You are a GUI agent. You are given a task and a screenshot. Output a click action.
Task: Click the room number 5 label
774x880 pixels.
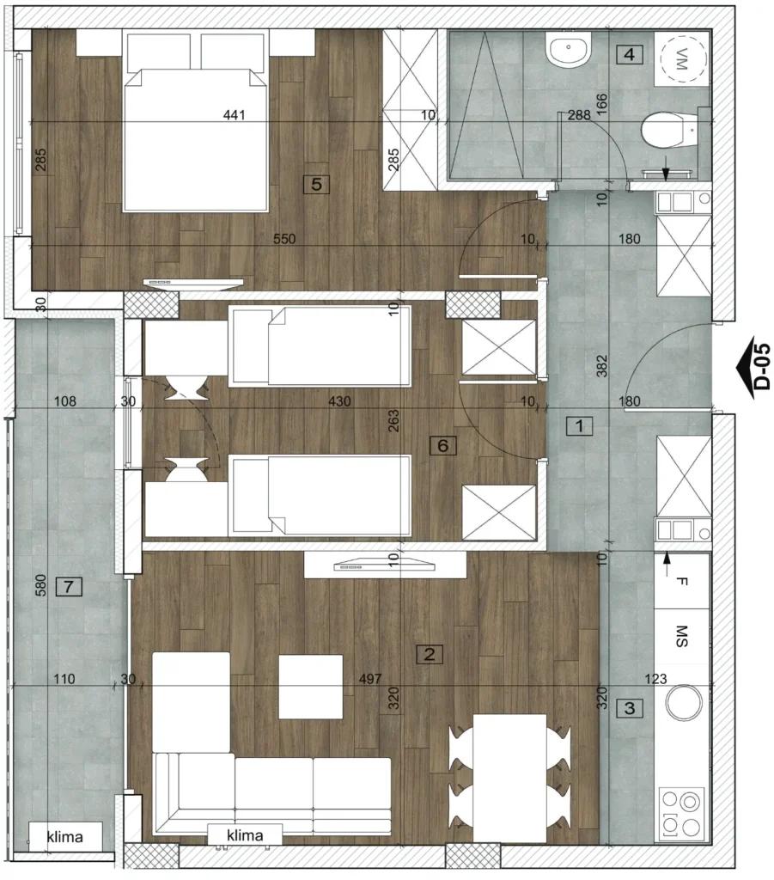316,184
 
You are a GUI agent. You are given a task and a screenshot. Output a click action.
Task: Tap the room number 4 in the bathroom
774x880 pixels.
630,54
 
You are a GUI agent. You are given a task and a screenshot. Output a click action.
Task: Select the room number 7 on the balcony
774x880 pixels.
69,587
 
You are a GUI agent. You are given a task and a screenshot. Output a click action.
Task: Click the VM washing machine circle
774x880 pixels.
683,59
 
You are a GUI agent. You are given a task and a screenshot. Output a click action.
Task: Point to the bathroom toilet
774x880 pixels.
669,131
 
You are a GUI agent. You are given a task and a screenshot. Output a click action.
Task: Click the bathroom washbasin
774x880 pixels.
568,49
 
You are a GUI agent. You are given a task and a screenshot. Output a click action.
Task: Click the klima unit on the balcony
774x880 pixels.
65,837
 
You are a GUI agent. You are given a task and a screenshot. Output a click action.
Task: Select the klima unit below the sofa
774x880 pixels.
245,835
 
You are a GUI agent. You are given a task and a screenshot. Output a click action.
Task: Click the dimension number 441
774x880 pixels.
235,115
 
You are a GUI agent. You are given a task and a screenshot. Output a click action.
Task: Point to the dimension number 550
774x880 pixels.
284,239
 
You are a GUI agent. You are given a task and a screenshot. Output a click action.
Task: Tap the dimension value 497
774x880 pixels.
370,679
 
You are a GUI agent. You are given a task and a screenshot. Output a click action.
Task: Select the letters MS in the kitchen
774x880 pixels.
681,637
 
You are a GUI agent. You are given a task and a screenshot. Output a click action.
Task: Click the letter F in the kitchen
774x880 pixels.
681,582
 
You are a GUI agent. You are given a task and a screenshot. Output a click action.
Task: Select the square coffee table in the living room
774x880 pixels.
311,687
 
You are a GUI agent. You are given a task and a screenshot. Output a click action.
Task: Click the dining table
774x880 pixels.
509,778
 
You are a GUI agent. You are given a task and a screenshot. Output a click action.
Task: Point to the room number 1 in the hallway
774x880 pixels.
579,426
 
